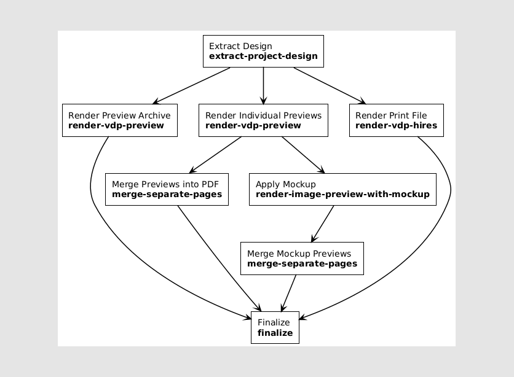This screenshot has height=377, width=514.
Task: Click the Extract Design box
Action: tap(263, 51)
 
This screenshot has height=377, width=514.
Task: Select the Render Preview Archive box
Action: tap(120, 120)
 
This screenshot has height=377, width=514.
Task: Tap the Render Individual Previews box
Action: tap(263, 120)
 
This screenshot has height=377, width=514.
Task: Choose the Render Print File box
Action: tap(397, 120)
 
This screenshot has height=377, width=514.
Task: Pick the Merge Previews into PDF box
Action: tap(167, 189)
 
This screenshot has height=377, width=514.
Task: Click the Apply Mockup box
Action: tap(342, 189)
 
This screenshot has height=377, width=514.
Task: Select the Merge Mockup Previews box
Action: tap(302, 258)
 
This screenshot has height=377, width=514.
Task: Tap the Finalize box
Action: tap(275, 327)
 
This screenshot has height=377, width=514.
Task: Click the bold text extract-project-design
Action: tap(263, 56)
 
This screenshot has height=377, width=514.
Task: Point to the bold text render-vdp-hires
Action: tap(397, 126)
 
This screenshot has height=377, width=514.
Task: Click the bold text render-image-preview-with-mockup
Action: tap(342, 195)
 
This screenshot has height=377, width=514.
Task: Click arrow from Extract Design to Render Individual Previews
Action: tap(263, 85)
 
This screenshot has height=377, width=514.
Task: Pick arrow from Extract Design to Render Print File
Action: tap(330, 85)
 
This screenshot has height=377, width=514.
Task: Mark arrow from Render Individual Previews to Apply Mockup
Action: tap(302, 155)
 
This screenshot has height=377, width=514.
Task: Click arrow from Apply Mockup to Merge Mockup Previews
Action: tap(323, 223)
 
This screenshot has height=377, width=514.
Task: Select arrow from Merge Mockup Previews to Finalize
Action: tap(289, 293)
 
